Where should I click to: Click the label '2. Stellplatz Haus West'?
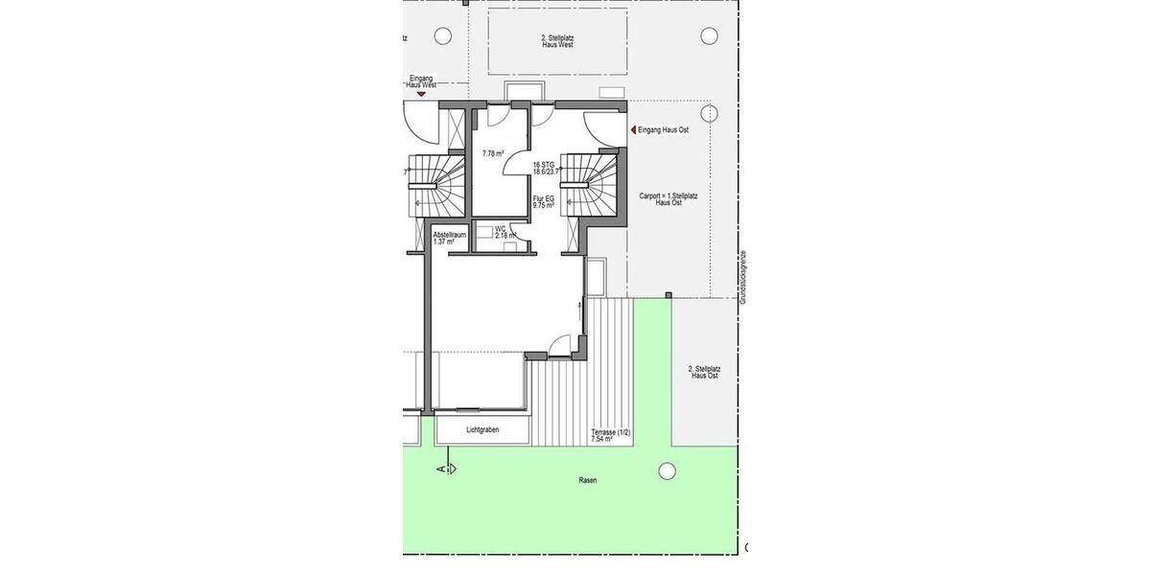coord(557,40)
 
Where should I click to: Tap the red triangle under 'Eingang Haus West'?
coord(420,94)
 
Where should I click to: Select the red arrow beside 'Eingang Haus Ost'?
coord(632,129)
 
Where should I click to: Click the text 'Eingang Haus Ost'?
coord(664,129)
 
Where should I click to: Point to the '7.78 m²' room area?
coord(494,153)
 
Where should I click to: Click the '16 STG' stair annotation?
coord(544,165)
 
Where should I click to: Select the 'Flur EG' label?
coord(544,198)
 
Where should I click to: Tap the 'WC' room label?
coord(501,229)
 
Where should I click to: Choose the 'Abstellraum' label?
coord(450,234)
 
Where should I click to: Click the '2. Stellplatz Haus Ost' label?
coord(704,372)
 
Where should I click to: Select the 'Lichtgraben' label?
coord(482,430)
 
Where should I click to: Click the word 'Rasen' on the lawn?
coord(587,480)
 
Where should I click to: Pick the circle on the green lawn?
coord(666,471)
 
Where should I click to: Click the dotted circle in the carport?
coord(709,114)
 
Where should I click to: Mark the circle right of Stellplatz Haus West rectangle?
coord(709,36)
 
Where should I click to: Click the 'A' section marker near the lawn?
coord(441,469)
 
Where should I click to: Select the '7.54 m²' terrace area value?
coord(602,440)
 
